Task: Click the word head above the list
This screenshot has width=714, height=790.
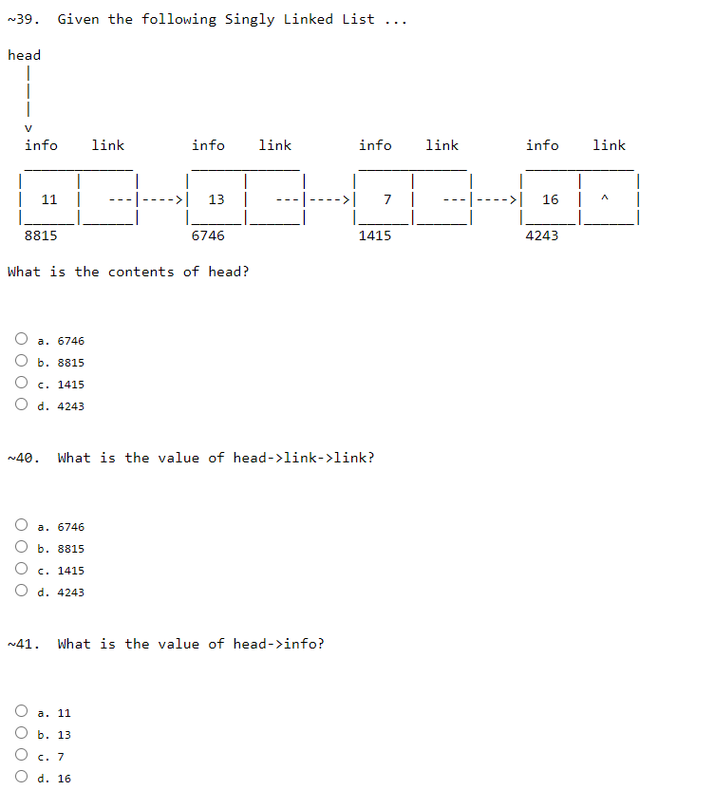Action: tap(24, 55)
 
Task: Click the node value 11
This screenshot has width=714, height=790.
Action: tap(49, 199)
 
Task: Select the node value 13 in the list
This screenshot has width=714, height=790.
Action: tap(216, 199)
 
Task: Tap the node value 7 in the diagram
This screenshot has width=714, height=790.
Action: tap(387, 199)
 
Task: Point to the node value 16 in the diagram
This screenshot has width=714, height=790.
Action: tap(551, 199)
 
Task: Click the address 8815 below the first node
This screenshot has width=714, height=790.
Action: tap(41, 235)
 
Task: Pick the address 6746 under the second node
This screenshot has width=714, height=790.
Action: tap(208, 235)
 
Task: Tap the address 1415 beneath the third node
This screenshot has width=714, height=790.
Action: tap(375, 235)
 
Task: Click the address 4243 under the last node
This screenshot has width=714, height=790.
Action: tap(542, 235)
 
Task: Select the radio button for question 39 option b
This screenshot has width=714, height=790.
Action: tap(21, 362)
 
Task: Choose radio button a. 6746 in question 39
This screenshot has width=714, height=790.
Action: tap(21, 340)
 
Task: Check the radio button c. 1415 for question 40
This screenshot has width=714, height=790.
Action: tap(21, 570)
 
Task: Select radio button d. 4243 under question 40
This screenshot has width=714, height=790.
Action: tap(21, 592)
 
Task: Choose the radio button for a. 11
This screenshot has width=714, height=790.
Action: tap(21, 712)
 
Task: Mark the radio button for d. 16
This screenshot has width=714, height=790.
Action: tap(21, 778)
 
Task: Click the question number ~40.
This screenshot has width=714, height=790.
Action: tap(22, 458)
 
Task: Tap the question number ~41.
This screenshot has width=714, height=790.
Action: tap(22, 644)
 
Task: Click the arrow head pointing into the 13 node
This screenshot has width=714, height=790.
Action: tap(178, 199)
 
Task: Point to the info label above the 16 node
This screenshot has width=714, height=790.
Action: tap(542, 145)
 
